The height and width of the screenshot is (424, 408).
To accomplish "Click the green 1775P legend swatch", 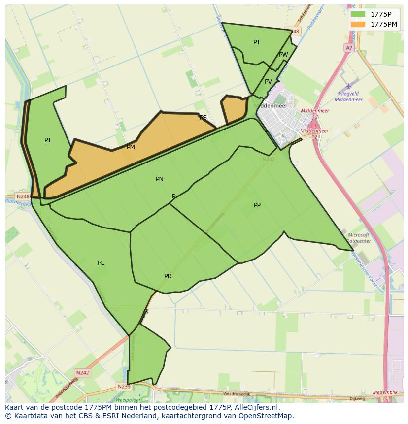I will pyautogui.click(x=358, y=14).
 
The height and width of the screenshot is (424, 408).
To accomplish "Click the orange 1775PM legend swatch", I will pyautogui.click(x=358, y=24).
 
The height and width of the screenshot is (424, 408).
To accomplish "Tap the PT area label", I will pyautogui.click(x=257, y=42).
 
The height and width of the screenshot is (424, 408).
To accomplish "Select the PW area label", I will pyautogui.click(x=283, y=55).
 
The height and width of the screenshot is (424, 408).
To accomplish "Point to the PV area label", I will pyautogui.click(x=268, y=82).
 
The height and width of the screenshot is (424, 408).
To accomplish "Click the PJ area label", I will pyautogui.click(x=47, y=140).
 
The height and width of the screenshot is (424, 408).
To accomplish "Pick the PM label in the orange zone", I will pyautogui.click(x=131, y=147).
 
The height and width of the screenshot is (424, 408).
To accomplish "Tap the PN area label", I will pyautogui.click(x=160, y=179).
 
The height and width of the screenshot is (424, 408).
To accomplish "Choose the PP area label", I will pyautogui.click(x=257, y=205).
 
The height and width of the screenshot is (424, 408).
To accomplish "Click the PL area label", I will pyautogui.click(x=101, y=263).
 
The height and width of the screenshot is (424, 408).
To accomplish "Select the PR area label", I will pyautogui.click(x=168, y=276).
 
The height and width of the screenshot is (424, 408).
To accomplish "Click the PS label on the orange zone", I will pyautogui.click(x=203, y=118).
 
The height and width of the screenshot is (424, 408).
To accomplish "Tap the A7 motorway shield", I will pyautogui.click(x=349, y=48).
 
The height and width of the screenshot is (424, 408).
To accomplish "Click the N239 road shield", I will pyautogui.click(x=124, y=386).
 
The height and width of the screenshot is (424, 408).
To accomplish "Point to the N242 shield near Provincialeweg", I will pyautogui.click(x=83, y=373).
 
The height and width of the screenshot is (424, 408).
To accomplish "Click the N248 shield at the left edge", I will pyautogui.click(x=23, y=196).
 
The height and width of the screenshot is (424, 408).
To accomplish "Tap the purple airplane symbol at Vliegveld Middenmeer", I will pyautogui.click(x=349, y=86).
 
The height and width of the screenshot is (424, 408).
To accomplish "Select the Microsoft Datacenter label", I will pyautogui.click(x=359, y=238).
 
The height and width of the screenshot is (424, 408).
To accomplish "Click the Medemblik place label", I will pyautogui.click(x=385, y=392).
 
